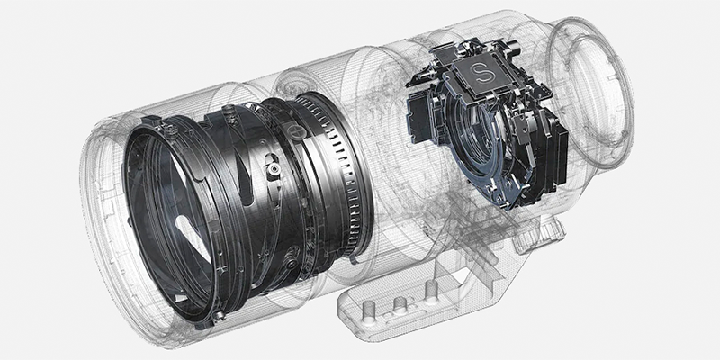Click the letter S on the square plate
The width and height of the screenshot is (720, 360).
[482, 74]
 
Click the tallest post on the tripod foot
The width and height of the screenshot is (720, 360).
[431, 292]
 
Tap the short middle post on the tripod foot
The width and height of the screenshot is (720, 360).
[400, 303]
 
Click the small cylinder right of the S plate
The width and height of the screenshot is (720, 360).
[513, 46]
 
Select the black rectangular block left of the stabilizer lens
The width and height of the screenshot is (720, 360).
[418, 114]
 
